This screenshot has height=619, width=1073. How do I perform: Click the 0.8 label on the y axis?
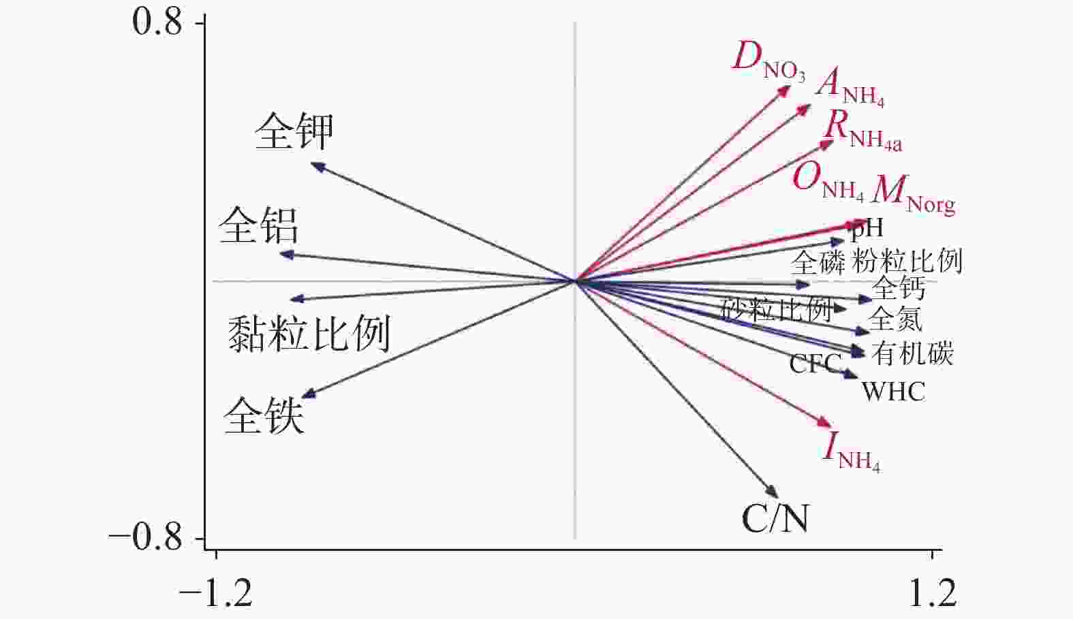(157, 22)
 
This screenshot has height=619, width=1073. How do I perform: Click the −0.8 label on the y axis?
(146, 538)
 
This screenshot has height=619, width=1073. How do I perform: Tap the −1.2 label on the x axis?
(216, 593)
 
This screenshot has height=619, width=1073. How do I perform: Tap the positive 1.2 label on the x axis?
(933, 593)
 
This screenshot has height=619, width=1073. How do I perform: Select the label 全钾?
(294, 131)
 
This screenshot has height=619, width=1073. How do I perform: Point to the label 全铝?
(259, 226)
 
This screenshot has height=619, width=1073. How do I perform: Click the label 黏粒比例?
(309, 334)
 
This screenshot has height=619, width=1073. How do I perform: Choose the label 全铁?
(264, 415)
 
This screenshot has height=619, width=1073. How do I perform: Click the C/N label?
(775, 519)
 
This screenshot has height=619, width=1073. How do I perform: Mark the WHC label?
(893, 392)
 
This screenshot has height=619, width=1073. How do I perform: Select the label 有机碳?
(912, 353)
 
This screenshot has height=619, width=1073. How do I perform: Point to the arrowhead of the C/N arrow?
(774, 494)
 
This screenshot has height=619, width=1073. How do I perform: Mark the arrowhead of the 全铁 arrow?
(307, 395)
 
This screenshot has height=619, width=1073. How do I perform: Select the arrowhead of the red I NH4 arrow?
(827, 424)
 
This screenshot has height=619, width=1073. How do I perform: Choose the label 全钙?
(899, 288)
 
